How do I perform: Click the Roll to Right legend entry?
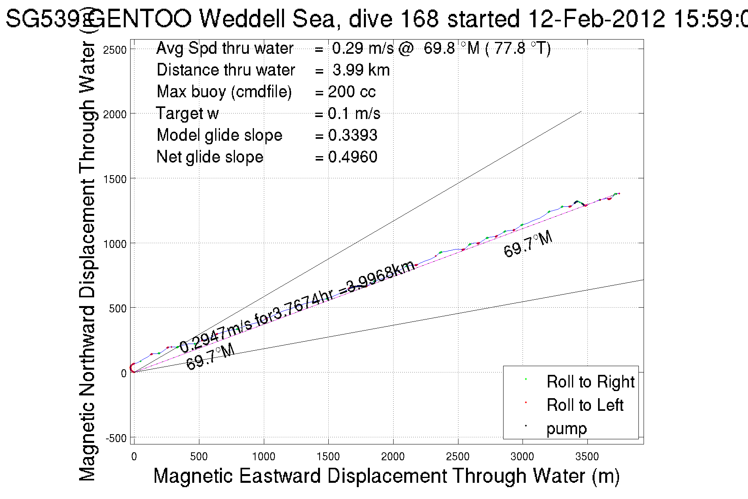coord(590,382)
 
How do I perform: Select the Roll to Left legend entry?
coord(585,405)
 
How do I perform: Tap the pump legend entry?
coord(566,429)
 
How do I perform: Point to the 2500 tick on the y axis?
coord(115,50)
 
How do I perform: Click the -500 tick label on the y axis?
coord(116,438)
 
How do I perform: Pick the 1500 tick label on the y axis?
coord(115,179)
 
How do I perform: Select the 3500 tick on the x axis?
coord(587,457)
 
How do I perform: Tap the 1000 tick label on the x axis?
coord(263,457)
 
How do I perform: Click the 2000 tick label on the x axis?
coord(393,457)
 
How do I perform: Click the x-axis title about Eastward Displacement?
coord(386,476)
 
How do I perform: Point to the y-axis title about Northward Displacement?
coord(88,261)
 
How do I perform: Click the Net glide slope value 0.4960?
coord(352,157)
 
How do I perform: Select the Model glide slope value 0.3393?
coord(352,135)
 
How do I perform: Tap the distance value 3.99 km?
coord(361,70)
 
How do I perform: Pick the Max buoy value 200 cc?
coord(351,92)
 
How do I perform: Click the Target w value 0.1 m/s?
coord(354,113)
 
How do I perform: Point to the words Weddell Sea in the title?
coord(269,19)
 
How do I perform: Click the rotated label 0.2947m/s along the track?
coord(216,335)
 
